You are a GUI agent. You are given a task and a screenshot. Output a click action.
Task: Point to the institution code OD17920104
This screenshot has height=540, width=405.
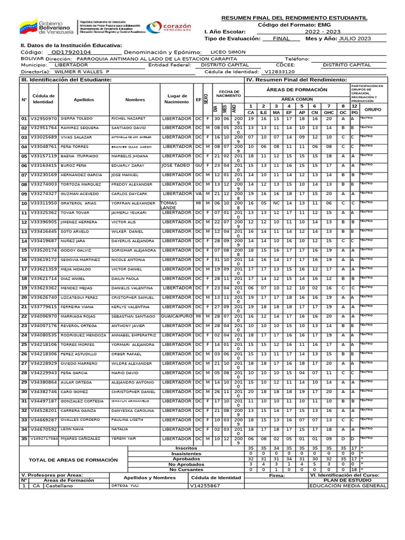(x=69, y=53)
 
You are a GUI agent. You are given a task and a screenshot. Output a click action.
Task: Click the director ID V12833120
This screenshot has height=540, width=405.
(x=279, y=71)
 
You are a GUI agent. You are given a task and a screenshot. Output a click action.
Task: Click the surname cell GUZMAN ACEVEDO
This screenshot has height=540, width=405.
(x=78, y=194)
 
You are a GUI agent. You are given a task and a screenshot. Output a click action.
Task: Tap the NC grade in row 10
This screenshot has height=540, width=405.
(x=276, y=202)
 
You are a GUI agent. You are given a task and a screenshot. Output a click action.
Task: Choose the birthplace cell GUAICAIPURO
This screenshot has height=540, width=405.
(x=176, y=316)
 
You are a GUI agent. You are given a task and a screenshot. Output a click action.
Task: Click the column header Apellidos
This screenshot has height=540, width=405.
(x=84, y=99)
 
